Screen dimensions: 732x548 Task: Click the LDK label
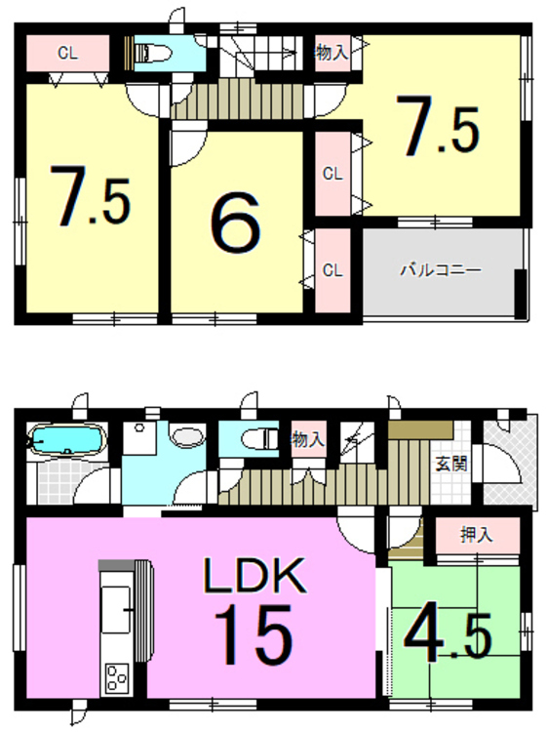click(x=254, y=576)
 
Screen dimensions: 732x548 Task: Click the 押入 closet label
click(x=477, y=535)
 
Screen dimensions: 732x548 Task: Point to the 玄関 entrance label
click(x=450, y=464)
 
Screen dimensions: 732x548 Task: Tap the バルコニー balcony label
click(x=439, y=270)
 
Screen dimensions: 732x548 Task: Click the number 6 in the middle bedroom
click(x=235, y=225)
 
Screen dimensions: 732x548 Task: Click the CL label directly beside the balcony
click(x=332, y=270)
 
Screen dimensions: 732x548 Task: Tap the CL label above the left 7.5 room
click(x=66, y=54)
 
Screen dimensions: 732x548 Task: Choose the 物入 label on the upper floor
click(x=332, y=53)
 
